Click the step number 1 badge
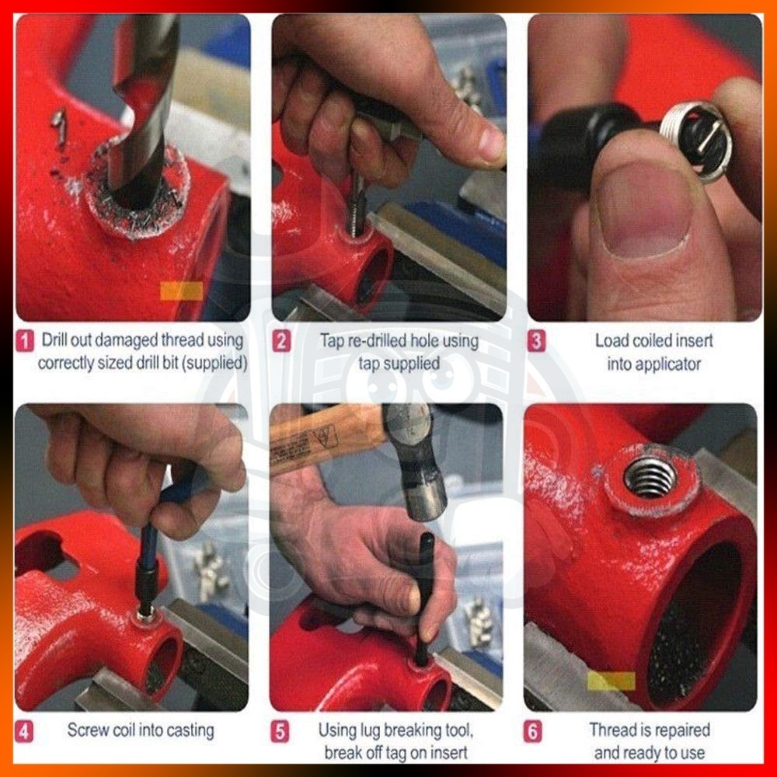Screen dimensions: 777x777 [25, 341]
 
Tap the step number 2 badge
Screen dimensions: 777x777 [281, 341]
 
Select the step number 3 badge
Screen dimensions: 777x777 [536, 341]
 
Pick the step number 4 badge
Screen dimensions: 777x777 [24, 731]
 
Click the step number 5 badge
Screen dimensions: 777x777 [280, 731]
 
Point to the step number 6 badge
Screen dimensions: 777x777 [533, 731]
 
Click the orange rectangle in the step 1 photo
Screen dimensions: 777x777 [181, 291]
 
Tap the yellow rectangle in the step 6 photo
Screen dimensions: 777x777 [611, 681]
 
